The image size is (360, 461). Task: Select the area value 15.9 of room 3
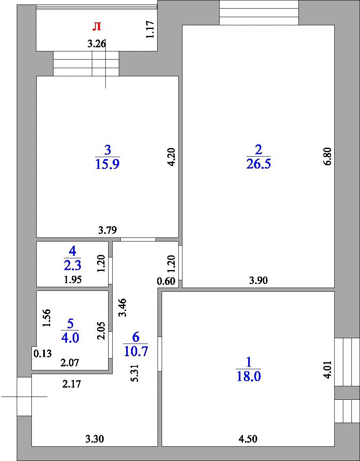coord(107,164)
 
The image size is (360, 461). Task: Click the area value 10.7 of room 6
coord(136,351)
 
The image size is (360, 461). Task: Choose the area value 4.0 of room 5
coord(70,337)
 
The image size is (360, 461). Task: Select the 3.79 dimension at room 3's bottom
coord(107,230)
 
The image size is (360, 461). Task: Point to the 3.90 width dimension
coord(258,281)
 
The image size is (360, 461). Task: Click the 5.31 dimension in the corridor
coord(135,373)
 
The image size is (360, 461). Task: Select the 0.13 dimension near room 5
coord(42,353)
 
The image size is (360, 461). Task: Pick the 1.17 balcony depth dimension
coord(150,29)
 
